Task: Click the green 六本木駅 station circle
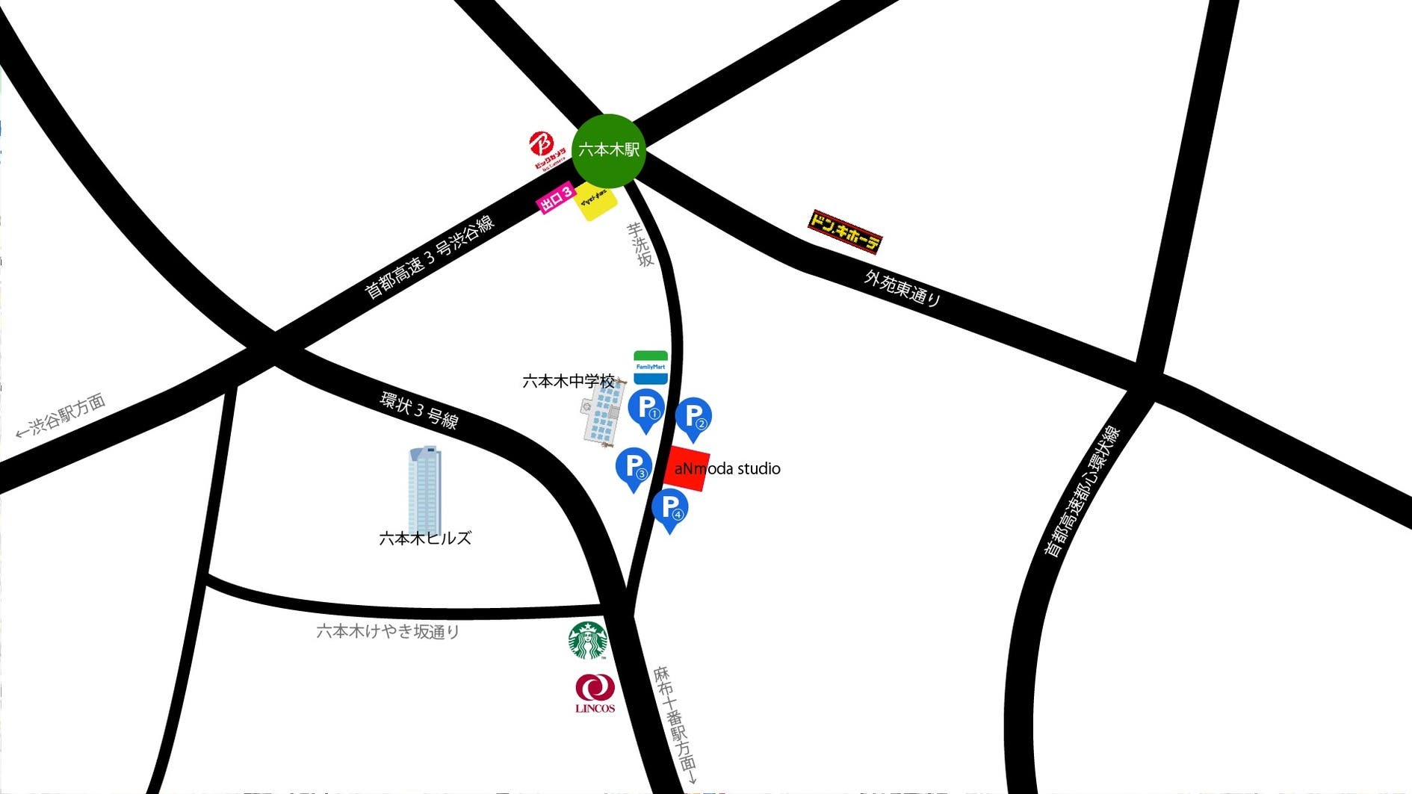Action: [x=609, y=150]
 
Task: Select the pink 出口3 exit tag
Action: [x=556, y=197]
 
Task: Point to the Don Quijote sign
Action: [x=845, y=231]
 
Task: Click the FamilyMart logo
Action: [x=650, y=367]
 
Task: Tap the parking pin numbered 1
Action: [x=646, y=409]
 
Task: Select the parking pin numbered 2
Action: [x=693, y=418]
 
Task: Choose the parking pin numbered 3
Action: [x=634, y=468]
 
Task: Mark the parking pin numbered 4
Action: [x=669, y=509]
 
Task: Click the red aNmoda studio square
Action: [x=687, y=468]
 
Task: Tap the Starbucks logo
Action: [x=588, y=640]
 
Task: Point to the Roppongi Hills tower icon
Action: [x=424, y=489]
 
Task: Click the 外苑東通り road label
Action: [x=902, y=288]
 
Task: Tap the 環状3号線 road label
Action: [x=418, y=410]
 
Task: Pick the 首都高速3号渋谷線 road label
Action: [x=429, y=257]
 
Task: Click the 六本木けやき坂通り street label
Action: [x=388, y=632]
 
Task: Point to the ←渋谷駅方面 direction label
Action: [x=61, y=416]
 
